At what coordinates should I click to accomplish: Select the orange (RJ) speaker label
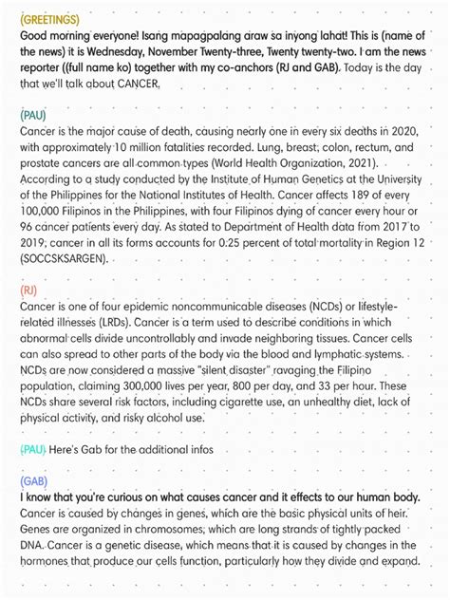(x=28, y=289)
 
